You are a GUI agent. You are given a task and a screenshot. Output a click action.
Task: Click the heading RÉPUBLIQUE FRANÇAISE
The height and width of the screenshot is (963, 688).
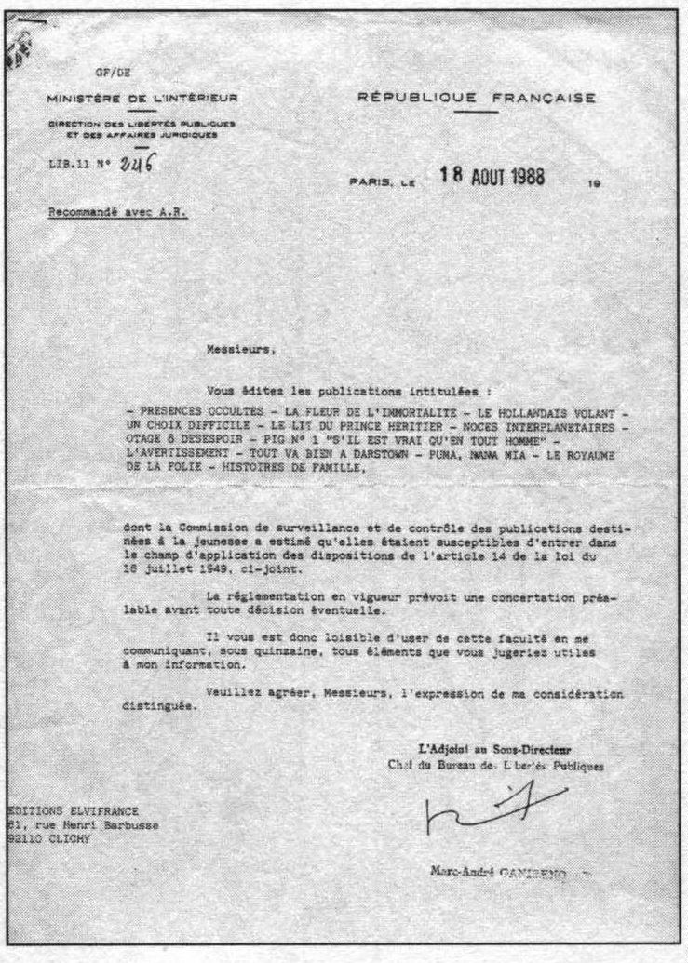pyautogui.click(x=477, y=99)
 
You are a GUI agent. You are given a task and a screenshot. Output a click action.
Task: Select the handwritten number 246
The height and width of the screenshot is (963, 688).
pyautogui.click(x=134, y=164)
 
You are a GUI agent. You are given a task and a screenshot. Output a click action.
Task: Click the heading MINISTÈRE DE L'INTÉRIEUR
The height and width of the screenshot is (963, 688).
pyautogui.click(x=144, y=98)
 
